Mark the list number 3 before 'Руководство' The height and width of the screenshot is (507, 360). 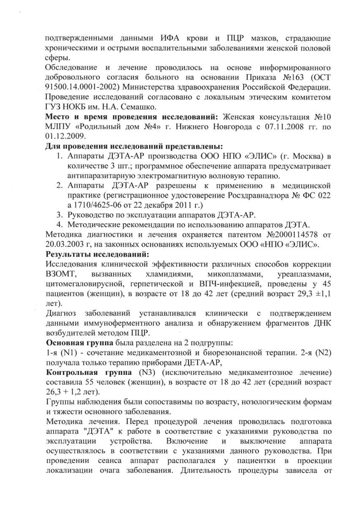60,215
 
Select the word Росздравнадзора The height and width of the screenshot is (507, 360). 256,195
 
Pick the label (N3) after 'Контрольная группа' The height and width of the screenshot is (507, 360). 147,372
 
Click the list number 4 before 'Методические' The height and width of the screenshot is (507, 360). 60,224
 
